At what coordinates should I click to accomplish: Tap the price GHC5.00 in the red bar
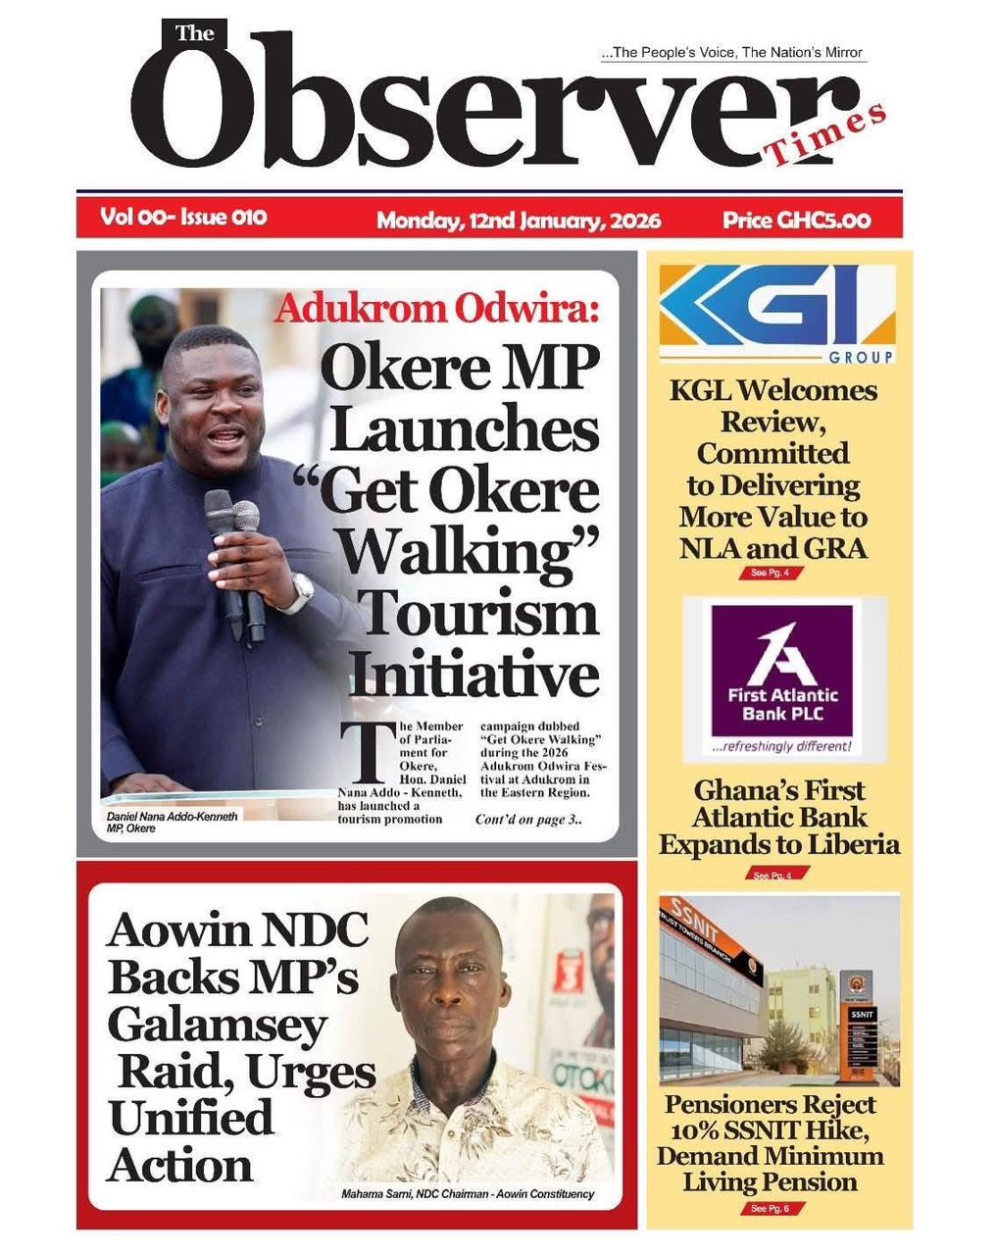[x=796, y=219]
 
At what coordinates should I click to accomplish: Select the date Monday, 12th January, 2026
[x=518, y=220]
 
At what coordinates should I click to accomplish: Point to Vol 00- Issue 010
[x=183, y=217]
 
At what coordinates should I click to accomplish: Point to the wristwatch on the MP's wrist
[x=301, y=592]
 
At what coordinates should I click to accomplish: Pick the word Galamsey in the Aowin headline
[x=217, y=1025]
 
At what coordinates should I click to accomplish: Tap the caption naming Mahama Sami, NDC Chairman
[x=467, y=1194]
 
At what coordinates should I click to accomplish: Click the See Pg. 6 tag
[x=770, y=1209]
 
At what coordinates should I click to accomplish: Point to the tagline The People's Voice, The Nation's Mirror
[x=735, y=53]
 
